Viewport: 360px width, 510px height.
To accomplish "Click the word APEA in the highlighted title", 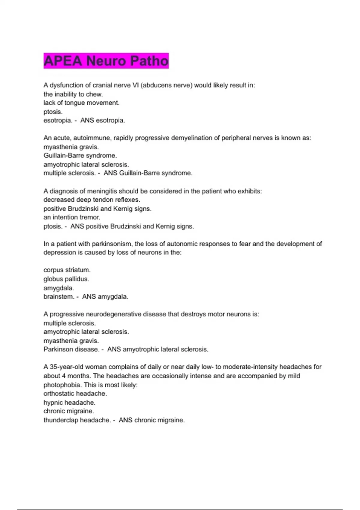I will pyautogui.click(x=63, y=61).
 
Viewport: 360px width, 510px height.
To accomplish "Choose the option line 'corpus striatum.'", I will pyautogui.click(x=67, y=270).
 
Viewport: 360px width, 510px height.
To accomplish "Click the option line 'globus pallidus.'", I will pyautogui.click(x=66, y=279).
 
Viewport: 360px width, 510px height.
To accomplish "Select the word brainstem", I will pyautogui.click(x=58, y=297).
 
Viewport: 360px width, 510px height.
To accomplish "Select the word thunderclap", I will pyautogui.click(x=61, y=420).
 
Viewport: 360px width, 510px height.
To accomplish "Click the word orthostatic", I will pyautogui.click(x=58, y=394).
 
